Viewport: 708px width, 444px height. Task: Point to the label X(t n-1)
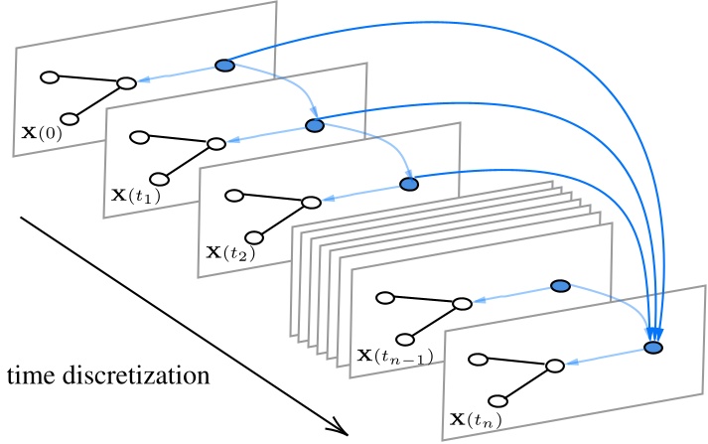click(394, 354)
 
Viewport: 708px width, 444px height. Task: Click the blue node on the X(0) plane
click(224, 66)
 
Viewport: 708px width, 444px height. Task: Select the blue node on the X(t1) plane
click(316, 125)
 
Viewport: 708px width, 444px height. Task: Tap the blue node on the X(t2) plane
click(408, 184)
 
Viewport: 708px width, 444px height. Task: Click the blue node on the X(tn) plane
click(652, 348)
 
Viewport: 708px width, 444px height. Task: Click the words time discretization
click(107, 376)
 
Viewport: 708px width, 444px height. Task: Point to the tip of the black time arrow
click(348, 434)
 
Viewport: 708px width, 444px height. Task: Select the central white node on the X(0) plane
click(126, 82)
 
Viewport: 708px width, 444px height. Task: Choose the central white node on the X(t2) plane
click(311, 202)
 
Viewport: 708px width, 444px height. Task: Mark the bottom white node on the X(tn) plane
click(500, 399)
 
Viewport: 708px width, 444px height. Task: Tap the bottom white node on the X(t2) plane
click(253, 237)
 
